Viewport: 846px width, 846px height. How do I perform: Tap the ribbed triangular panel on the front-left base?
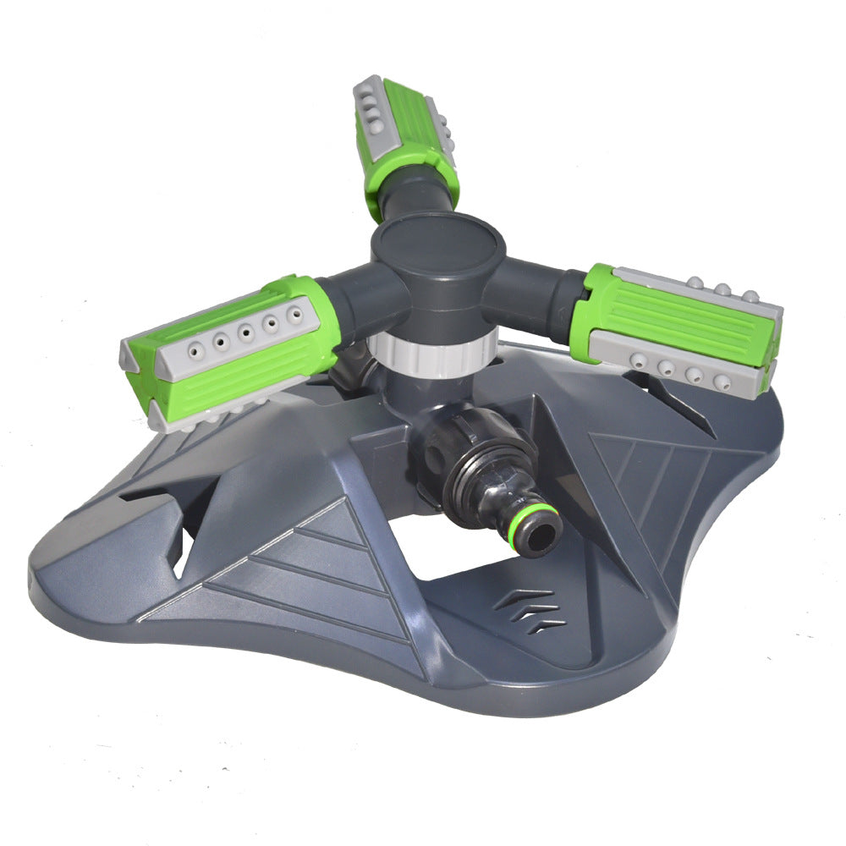313,575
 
